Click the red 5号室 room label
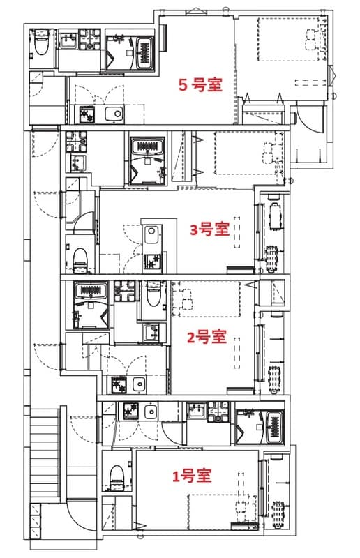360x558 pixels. click(200, 85)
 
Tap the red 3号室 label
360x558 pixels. click(209, 229)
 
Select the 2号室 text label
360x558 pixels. click(207, 337)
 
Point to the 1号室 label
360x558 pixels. click(192, 476)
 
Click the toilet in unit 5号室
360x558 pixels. click(40, 43)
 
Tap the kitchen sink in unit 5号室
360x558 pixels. click(114, 114)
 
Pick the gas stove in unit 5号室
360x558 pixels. click(87, 114)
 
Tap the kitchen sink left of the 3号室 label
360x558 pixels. click(151, 233)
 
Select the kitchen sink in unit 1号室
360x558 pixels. click(151, 412)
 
